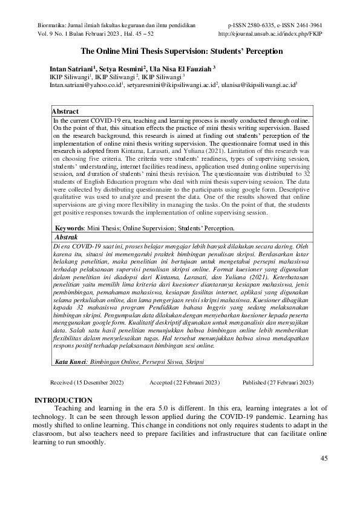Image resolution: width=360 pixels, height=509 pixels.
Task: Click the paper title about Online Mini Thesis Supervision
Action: click(x=182, y=52)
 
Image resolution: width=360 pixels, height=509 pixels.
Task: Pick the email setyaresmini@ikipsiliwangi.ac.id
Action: click(x=172, y=86)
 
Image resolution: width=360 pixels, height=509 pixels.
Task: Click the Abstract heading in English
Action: click(x=66, y=112)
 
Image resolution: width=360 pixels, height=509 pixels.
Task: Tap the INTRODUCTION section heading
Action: click(x=63, y=400)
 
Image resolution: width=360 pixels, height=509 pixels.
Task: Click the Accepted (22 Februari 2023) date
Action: click(x=185, y=383)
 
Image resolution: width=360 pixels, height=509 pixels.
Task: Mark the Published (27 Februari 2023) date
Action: click(x=277, y=383)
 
